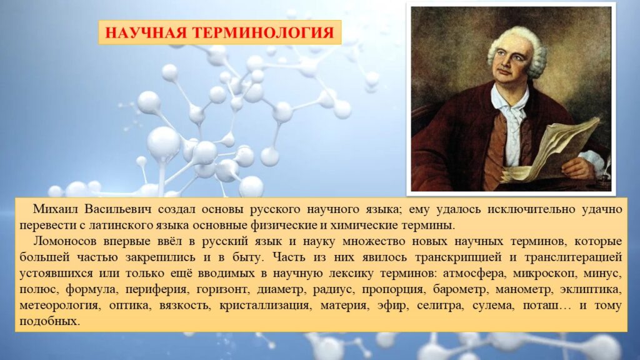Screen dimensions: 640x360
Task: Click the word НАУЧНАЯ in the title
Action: point(146,32)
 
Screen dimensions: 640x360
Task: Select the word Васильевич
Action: point(117,209)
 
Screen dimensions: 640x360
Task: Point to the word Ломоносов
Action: point(64,241)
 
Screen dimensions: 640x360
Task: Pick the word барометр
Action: point(460,289)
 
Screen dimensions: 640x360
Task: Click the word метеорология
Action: point(59,306)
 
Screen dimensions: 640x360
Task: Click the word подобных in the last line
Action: point(49,321)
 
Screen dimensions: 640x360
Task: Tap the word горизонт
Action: point(222,289)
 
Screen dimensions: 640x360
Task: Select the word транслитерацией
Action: point(573,257)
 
